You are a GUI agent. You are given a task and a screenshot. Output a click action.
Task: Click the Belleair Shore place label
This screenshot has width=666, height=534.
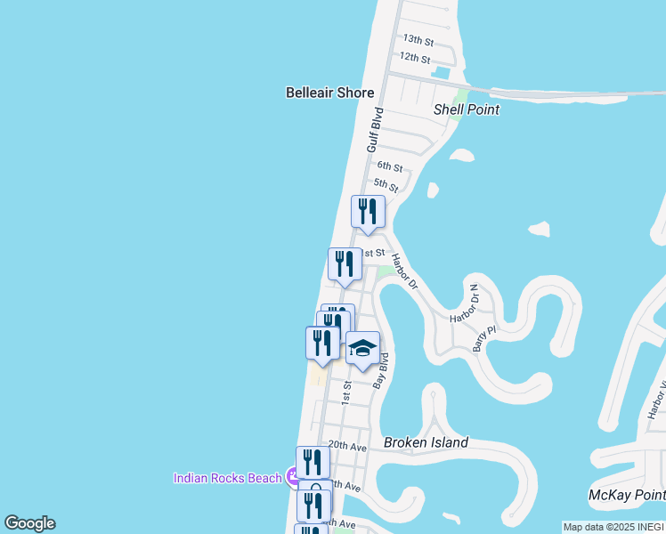tap(329, 93)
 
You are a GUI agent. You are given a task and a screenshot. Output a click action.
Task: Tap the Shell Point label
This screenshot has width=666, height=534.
tap(466, 109)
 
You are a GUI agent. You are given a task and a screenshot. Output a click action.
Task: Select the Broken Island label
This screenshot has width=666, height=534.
tap(426, 442)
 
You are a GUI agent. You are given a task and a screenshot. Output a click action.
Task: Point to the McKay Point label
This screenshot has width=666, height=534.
tap(627, 495)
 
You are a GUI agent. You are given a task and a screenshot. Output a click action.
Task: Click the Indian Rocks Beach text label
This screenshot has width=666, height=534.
tap(227, 478)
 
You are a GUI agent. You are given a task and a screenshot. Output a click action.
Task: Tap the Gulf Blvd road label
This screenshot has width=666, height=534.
tap(375, 130)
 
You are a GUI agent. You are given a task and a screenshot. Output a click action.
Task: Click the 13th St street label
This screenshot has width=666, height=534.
tap(418, 40)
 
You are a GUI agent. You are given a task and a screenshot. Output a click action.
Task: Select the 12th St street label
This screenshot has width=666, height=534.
tap(415, 57)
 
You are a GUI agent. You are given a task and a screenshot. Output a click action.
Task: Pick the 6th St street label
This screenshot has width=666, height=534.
tap(390, 166)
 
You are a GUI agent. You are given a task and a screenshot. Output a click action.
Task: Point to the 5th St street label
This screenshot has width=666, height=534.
tap(386, 184)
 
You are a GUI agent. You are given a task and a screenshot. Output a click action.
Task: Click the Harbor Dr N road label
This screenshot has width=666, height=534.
tap(465, 303)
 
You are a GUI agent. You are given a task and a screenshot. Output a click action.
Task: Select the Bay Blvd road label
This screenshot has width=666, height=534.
tap(382, 370)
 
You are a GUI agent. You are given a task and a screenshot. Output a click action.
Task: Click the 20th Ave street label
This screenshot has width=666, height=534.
tap(347, 444)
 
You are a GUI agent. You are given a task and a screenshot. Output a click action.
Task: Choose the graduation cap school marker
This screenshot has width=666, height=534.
tap(362, 348)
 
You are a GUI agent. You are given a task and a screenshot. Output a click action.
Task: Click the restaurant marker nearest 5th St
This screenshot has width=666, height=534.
tap(368, 212)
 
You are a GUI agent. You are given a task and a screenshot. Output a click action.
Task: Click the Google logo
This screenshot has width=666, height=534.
tap(29, 523)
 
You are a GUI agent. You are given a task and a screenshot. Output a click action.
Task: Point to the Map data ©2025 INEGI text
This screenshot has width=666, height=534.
tap(613, 527)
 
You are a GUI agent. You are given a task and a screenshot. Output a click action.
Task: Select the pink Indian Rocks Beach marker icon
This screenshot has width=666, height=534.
tap(293, 478)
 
